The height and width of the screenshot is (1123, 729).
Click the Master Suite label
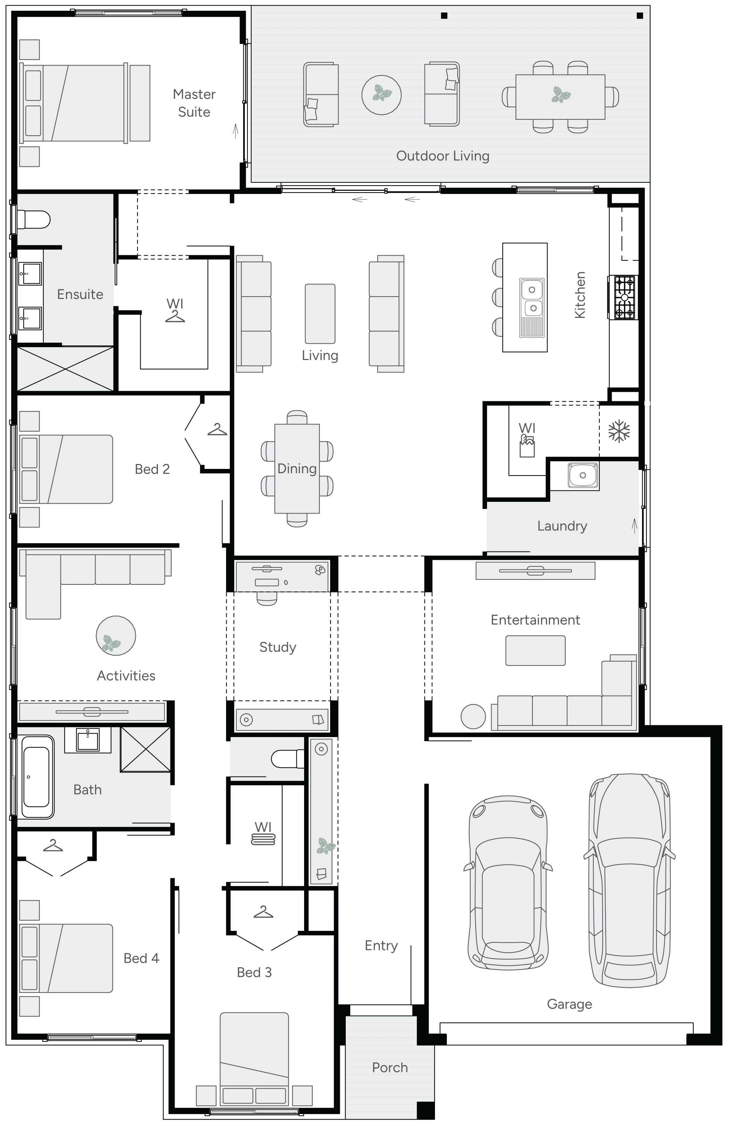coord(194,103)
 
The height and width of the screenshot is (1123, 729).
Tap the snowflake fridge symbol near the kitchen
coord(619,432)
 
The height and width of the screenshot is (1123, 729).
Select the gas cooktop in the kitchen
coord(624,297)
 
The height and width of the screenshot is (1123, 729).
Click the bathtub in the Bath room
coord(36,777)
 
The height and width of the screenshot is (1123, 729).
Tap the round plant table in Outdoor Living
coord(382,94)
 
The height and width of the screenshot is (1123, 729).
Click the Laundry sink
coord(583,475)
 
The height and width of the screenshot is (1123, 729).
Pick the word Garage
coord(569,1004)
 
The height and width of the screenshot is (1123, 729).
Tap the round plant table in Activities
coord(116,636)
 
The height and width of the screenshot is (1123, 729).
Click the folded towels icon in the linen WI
coord(263,839)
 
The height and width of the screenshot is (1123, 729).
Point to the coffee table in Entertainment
coord(535,650)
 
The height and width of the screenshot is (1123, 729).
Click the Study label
coord(278,647)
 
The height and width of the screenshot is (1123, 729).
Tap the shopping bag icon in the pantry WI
coord(527,446)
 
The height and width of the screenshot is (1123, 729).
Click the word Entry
coord(381,945)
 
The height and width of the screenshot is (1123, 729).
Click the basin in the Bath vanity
coord(88,739)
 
